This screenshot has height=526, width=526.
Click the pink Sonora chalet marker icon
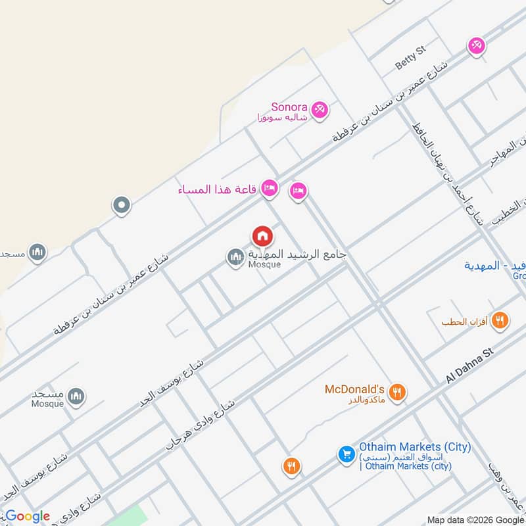coord(320,109)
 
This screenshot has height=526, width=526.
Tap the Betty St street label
coord(411,57)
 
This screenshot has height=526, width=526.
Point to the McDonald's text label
coord(354,389)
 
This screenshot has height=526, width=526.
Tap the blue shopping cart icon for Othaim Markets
coord(346,454)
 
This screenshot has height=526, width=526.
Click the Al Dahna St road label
coord(469,367)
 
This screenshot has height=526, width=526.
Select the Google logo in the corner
coord(28,516)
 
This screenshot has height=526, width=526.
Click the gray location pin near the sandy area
coord(121,206)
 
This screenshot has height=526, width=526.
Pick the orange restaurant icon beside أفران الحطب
coord(500,320)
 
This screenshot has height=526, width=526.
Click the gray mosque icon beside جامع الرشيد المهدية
coord(235,258)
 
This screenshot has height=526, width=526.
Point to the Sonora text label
coord(289,107)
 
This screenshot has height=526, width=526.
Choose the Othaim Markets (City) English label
coord(414,447)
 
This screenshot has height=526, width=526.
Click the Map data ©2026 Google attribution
coord(475,519)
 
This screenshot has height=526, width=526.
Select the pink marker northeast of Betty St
coord(476,45)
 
